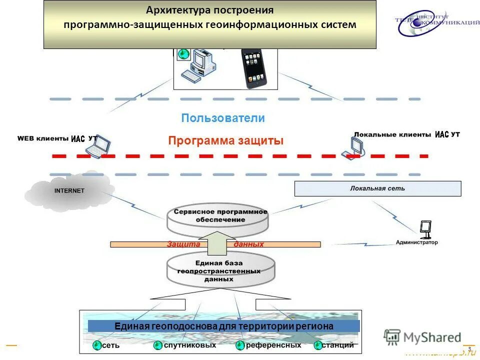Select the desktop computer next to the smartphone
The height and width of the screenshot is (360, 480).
coord(199,65)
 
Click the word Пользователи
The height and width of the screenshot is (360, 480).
coord(223,118)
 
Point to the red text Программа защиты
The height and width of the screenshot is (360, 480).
coord(225,141)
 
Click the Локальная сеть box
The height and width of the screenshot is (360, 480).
coord(377,189)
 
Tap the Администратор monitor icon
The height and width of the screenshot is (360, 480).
coord(425,229)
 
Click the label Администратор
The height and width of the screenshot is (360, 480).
coord(416,242)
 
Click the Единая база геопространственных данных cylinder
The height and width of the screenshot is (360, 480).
coord(220,270)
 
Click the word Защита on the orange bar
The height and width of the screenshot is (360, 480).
coord(183,244)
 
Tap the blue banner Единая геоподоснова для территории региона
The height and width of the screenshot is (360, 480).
coord(223,326)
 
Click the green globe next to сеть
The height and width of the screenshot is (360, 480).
coord(96,345)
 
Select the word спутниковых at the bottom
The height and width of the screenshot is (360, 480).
coord(190,345)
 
